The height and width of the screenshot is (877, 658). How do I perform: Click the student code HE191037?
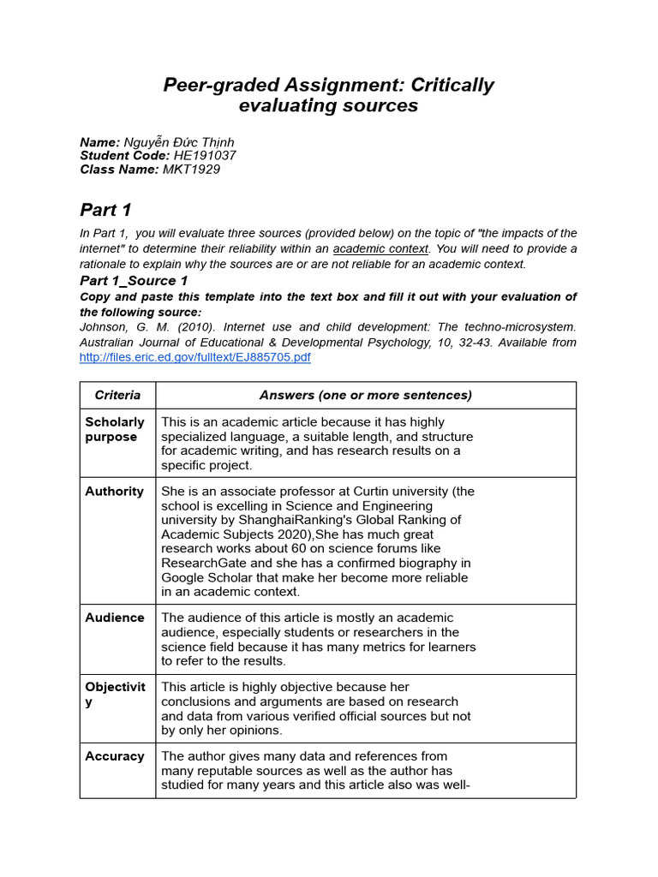[205, 156]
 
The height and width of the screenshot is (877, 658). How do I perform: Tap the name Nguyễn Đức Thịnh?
[179, 142]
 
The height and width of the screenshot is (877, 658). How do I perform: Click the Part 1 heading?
[105, 211]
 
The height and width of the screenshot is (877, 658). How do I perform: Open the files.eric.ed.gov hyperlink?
[194, 357]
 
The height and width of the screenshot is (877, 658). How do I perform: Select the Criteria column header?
[117, 396]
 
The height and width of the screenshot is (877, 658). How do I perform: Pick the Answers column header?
[365, 396]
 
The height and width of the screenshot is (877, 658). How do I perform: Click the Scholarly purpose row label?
[115, 429]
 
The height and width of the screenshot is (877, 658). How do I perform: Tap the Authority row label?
[114, 492]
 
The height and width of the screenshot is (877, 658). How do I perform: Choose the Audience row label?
[115, 617]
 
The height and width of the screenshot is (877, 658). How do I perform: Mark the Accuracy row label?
[115, 756]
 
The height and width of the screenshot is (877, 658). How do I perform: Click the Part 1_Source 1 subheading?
[134, 281]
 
